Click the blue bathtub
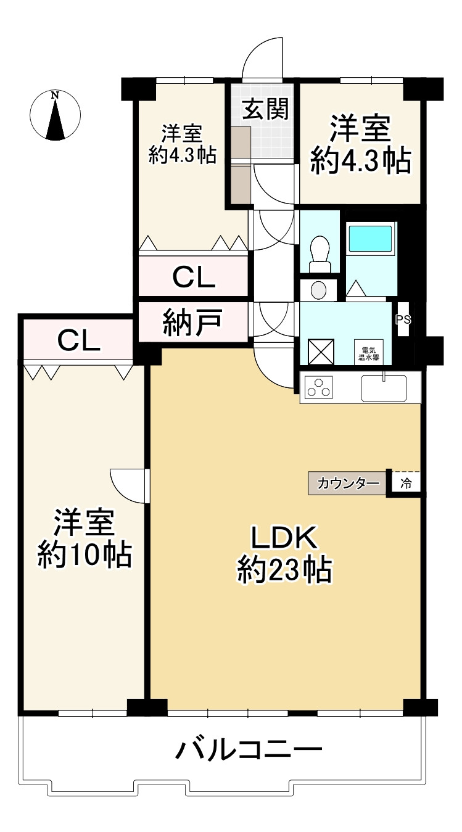click(370, 238)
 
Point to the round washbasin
click(318, 290)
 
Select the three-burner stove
click(318, 387)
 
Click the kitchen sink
click(384, 388)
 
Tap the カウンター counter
click(348, 484)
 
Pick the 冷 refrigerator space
click(406, 484)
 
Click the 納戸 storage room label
click(192, 322)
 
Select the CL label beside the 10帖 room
click(79, 340)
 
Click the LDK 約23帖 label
click(284, 554)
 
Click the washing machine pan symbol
click(321, 352)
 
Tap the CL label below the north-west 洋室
click(194, 277)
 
